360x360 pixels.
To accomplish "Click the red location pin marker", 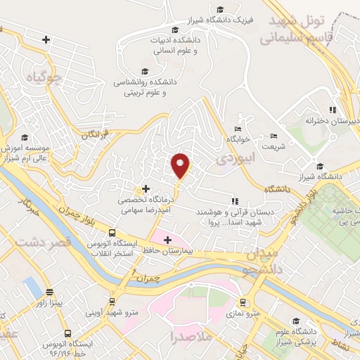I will click(x=181, y=166).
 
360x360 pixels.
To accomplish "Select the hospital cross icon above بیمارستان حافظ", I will click(x=167, y=240).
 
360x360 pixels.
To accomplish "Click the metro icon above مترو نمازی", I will click(x=243, y=303).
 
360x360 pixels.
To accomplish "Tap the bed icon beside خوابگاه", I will click(x=238, y=129).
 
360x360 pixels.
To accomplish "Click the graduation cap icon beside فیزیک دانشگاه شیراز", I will click(x=221, y=10).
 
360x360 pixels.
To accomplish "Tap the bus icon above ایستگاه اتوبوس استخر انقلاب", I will click(x=112, y=233).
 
